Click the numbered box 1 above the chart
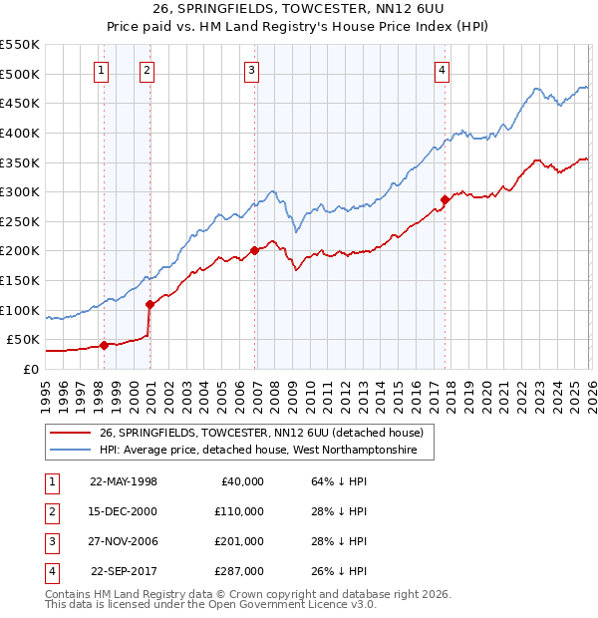click(103, 70)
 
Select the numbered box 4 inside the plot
click(442, 70)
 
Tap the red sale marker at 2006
click(254, 250)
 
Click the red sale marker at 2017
click(445, 199)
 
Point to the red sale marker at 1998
click(104, 345)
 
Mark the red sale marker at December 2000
click(149, 304)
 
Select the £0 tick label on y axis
click(31, 369)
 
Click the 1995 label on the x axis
click(46, 393)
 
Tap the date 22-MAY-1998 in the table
click(124, 481)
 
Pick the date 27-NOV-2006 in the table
click(124, 541)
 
